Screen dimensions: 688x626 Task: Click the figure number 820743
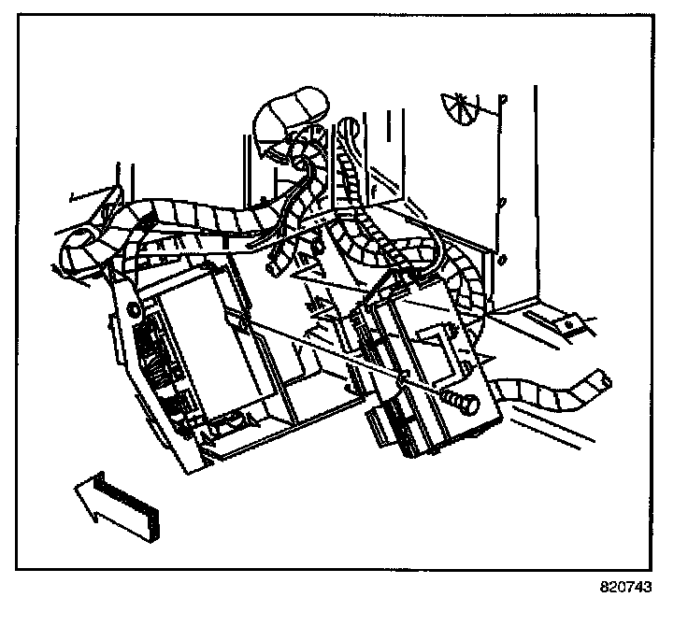coord(625,589)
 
